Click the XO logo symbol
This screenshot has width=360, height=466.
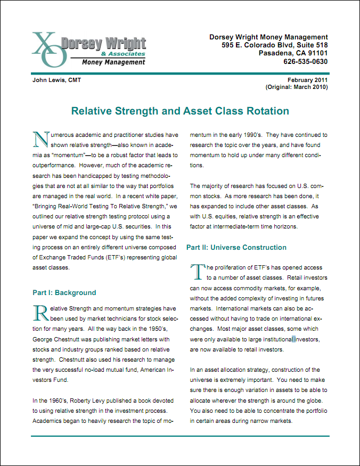click(47, 49)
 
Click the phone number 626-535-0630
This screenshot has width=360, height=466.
click(305, 61)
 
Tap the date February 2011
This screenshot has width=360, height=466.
click(308, 80)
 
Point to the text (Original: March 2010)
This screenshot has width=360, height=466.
click(297, 87)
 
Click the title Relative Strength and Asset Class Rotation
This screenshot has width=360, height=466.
click(180, 111)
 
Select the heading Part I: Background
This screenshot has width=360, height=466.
click(64, 292)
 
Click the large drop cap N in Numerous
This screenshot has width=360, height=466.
click(40, 139)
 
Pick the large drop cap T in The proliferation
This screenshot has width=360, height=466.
click(198, 271)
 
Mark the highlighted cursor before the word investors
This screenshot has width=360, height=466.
click(293, 339)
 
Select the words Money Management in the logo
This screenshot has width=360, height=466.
click(113, 62)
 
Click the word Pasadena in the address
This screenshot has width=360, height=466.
click(275, 53)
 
